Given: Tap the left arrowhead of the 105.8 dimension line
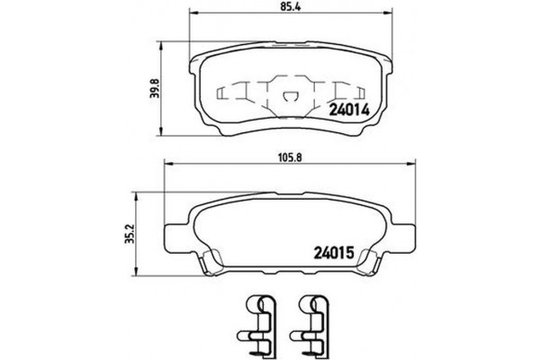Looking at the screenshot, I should point(167,164).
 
